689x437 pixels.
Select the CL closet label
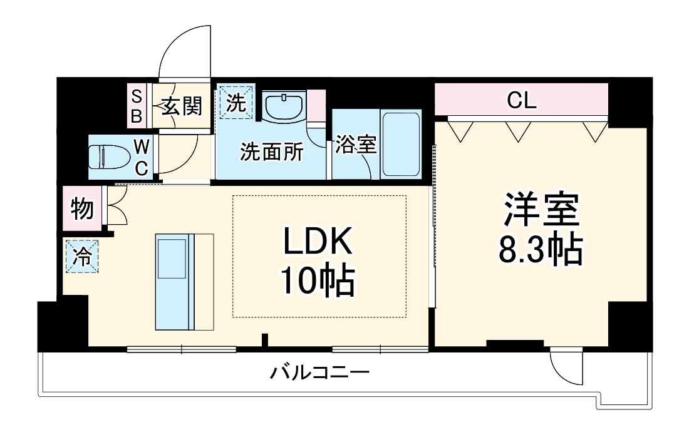click(x=522, y=101)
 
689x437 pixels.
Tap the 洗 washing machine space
click(x=236, y=103)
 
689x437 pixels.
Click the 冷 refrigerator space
click(x=82, y=257)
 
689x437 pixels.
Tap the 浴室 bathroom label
click(x=355, y=145)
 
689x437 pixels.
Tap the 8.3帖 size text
click(x=541, y=250)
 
